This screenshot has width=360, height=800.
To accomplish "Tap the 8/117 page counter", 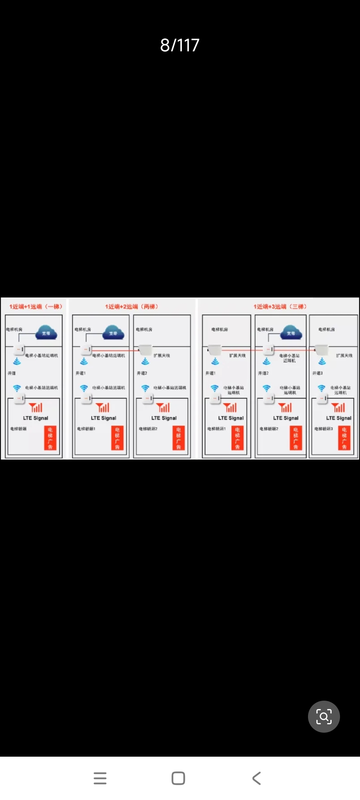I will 180,45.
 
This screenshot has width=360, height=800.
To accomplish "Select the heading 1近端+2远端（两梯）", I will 132,306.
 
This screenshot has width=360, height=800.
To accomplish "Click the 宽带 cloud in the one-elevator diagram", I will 46,332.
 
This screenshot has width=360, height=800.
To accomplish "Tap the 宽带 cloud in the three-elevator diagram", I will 291,332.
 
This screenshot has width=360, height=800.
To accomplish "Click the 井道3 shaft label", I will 317,373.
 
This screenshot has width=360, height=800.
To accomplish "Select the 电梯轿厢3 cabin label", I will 324,429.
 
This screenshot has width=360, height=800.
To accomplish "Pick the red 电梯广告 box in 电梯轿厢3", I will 344,438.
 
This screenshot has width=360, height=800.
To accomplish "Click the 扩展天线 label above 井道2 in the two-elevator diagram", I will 162,356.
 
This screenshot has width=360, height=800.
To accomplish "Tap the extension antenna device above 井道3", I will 322,350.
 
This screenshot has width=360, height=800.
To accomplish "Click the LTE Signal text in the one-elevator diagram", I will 36,418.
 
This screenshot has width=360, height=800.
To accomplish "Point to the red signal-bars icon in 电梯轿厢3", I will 339,407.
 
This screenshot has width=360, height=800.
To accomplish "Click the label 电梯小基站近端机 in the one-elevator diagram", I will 42,356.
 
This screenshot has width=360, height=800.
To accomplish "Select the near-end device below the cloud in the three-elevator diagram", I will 269,350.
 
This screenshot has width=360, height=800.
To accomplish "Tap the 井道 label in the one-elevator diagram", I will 12,373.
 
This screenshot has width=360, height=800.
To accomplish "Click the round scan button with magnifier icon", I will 324,716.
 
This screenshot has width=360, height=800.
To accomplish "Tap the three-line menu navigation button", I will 100,778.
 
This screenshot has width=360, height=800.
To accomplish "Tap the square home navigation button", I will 178,778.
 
